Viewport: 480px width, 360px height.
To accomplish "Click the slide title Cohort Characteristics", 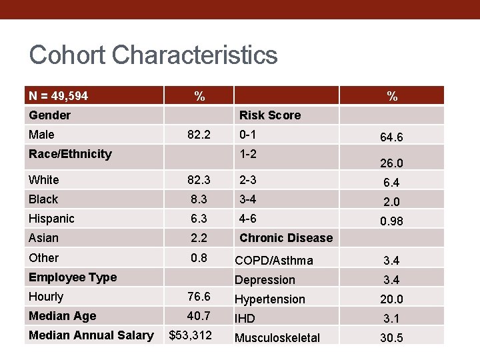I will pos(153,55).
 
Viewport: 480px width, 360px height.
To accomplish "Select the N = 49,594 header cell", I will pos(59,96).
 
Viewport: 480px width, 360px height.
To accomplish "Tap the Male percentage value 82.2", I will pos(199,135).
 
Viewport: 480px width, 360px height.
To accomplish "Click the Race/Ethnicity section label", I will pos(70,154).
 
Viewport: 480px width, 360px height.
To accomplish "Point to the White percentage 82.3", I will pos(199,179).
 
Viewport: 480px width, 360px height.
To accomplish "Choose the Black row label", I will pos(43,199).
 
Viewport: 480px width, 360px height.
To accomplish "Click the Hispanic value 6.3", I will pos(199,218).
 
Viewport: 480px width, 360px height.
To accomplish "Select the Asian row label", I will pos(43,238).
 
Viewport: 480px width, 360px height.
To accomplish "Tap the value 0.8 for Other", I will pos(199,257).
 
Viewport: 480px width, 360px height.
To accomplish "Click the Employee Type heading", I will pos(73,277).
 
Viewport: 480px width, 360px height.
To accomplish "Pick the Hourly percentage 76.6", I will pos(199,297).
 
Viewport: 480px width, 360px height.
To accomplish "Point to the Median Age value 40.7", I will pos(199,316).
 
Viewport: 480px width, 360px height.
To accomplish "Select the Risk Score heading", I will pos(270,115).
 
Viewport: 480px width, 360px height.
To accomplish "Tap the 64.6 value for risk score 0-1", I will pos(391,137).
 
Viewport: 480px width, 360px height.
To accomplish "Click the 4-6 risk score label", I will pos(248,218).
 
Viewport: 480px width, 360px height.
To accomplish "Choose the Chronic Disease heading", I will pos(286,238).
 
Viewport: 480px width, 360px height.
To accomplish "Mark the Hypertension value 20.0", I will pos(391,300).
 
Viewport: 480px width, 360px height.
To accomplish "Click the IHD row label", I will pos(245,319).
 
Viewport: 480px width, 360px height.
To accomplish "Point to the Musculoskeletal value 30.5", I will pos(391,338).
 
